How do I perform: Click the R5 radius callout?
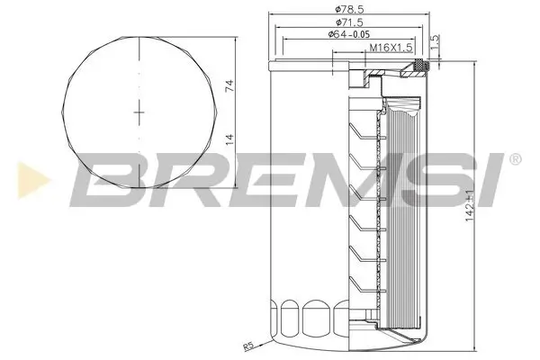[x=249, y=346]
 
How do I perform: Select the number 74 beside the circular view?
[x=230, y=87]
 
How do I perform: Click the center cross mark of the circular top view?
[x=139, y=111]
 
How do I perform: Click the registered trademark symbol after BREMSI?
[x=514, y=159]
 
